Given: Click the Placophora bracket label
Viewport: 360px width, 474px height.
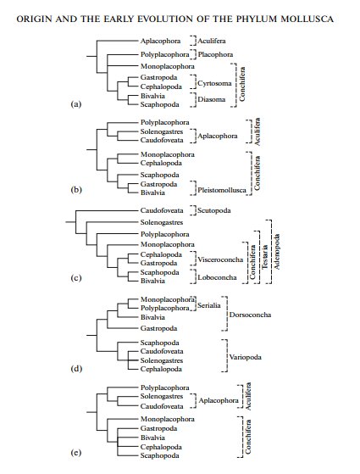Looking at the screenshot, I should tap(217, 53).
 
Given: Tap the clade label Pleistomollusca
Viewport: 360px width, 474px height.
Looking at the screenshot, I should tap(224, 192).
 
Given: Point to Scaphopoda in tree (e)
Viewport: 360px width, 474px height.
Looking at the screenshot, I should tap(159, 454).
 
